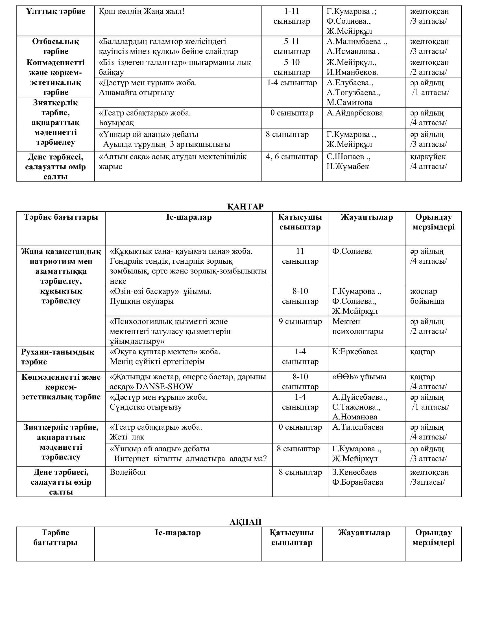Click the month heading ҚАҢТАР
245,206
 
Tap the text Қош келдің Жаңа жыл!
142,12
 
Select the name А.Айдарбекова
355,113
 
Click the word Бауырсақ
116,123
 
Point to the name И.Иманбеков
352,72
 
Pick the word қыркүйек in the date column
428,157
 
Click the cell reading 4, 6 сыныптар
291,157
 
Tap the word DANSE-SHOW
165,387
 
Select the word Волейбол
128,472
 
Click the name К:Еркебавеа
355,352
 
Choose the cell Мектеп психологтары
358,326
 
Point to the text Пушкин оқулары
142,301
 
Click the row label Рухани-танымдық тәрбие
57,357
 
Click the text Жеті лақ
127,437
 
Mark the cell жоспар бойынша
427,296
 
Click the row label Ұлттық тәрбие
56,12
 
